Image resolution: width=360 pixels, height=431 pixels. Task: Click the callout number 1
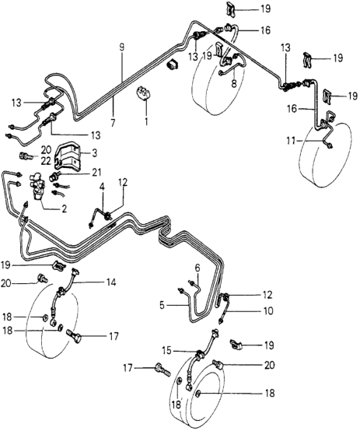tap(146, 121)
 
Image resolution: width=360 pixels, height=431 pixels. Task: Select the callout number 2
tap(64, 209)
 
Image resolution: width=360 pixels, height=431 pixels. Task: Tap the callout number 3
tap(94, 153)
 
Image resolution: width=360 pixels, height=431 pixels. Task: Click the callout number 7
tap(113, 123)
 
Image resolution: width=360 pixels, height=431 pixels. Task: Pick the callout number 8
tap(234, 83)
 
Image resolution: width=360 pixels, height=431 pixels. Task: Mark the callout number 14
tap(111, 282)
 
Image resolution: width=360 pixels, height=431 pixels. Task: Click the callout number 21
tap(96, 173)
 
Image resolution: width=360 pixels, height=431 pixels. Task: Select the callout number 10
tap(267, 311)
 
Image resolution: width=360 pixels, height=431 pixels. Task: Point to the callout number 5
tap(163, 306)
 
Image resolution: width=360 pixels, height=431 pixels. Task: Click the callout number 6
tap(197, 268)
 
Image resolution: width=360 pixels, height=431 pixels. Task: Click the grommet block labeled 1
tap(145, 93)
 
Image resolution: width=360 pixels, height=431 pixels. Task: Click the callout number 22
tap(46, 161)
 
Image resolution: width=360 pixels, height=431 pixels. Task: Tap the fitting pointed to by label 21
tap(54, 175)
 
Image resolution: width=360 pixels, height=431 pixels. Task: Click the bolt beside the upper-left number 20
tap(26, 156)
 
